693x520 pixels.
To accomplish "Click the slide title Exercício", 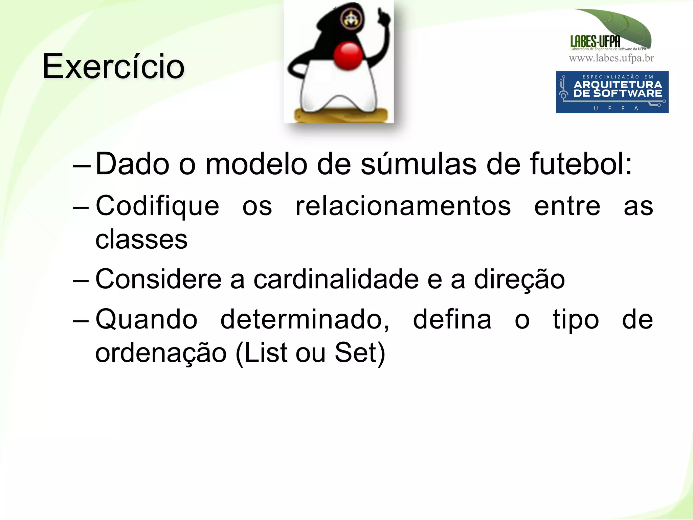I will (113, 67).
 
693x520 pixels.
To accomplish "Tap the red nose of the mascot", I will (348, 56).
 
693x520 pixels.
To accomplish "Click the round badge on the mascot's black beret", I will (351, 19).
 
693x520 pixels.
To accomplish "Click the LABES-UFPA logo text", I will (595, 41).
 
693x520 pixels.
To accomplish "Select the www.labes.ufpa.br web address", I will (611, 58).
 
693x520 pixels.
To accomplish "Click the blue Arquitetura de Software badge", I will (612, 92).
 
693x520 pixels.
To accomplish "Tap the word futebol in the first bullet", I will (581, 164).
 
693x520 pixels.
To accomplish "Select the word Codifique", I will (157, 206).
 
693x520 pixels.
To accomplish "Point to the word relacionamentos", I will (403, 206).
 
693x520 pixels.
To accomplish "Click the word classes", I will (141, 240).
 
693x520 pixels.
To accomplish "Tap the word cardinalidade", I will (336, 279).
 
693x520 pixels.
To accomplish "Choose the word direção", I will (519, 279).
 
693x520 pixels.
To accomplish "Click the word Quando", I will (147, 319).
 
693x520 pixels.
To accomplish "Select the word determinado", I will (305, 319).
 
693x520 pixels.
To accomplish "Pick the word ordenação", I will (161, 353).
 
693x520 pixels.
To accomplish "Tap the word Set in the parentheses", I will (355, 353).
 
